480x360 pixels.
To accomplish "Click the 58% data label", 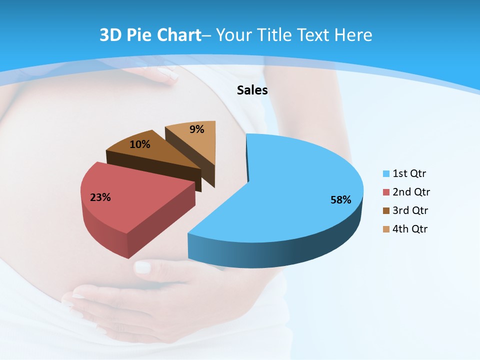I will point(340,200).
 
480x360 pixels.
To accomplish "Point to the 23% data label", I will point(100,197).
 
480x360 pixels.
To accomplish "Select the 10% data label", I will point(139,144).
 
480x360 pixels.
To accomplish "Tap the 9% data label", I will point(197,129).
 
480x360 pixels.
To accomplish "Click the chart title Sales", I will point(252,90).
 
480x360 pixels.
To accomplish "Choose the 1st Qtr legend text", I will point(409,174).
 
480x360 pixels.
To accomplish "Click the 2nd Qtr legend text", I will point(411,192).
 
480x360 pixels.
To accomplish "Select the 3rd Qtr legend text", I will point(410,210).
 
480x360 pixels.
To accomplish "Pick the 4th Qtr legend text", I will point(410,229).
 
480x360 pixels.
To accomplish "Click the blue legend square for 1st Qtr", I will point(386,174).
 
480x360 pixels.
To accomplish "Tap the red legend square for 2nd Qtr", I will point(386,192).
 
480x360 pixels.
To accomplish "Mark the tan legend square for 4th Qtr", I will point(386,229).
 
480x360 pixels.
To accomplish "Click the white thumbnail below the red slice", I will point(143,267).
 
